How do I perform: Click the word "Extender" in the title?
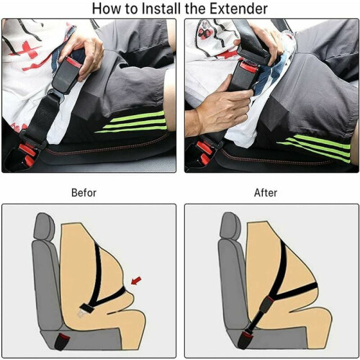click(239, 9)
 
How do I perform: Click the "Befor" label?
click(84, 193)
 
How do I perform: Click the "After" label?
click(266, 193)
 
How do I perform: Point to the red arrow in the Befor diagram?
click(136, 281)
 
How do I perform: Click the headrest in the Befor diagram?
click(45, 227)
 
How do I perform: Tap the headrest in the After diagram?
click(230, 225)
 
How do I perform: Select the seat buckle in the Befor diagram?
click(62, 341)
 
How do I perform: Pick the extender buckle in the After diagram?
click(268, 305)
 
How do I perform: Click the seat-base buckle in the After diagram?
click(246, 338)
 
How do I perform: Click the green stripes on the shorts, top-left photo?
click(132, 122)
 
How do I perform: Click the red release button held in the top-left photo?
click(73, 62)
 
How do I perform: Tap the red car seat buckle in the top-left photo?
click(27, 153)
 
